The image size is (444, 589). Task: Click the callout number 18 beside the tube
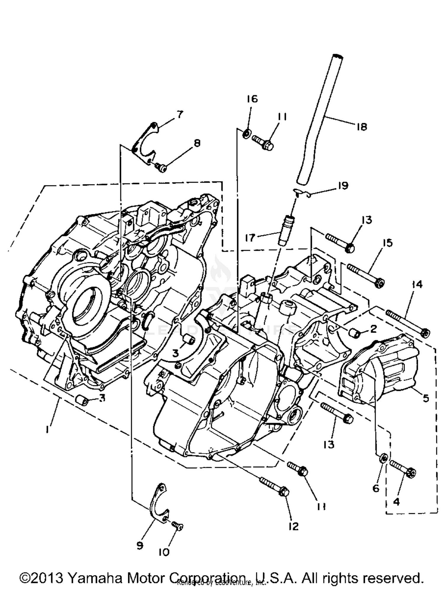(361, 127)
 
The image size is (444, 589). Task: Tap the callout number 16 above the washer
(252, 99)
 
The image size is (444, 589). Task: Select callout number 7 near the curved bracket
(180, 114)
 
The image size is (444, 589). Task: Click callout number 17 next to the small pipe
(250, 237)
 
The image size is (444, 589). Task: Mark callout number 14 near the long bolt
(417, 285)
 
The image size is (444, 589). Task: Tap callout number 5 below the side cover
(426, 398)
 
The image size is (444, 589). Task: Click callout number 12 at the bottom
(293, 526)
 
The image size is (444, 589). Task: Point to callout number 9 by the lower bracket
(140, 546)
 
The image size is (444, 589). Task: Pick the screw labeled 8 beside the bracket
(162, 169)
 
